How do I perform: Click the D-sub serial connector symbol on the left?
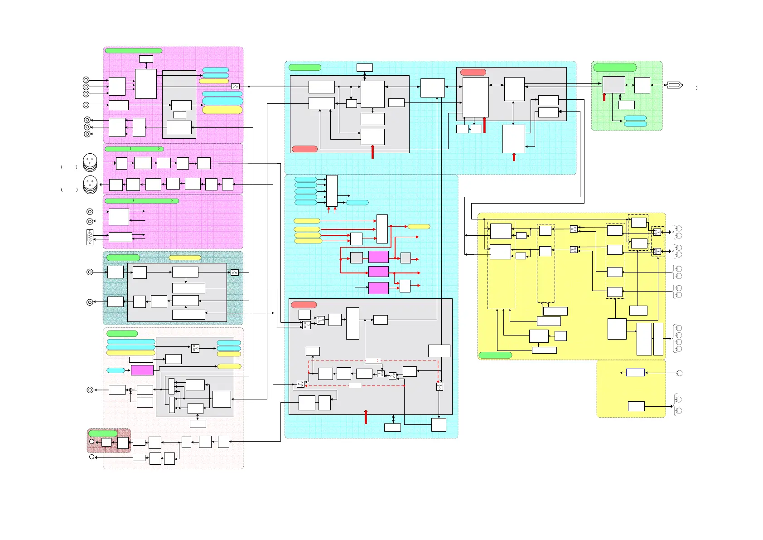click(x=90, y=238)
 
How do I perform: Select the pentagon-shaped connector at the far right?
click(x=675, y=85)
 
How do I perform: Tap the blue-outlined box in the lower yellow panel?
click(x=635, y=372)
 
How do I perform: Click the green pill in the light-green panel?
click(x=615, y=68)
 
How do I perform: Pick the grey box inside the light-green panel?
click(x=613, y=85)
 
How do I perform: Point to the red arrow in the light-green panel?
click(x=604, y=97)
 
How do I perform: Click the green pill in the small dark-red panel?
click(x=102, y=433)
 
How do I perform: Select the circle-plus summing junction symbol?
click(x=130, y=390)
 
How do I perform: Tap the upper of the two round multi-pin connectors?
click(x=90, y=161)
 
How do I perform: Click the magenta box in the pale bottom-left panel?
click(x=142, y=370)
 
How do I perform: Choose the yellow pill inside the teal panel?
click(x=185, y=258)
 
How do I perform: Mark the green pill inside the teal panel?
click(x=123, y=258)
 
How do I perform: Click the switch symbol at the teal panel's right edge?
click(x=235, y=272)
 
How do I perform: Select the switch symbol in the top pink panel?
click(x=235, y=86)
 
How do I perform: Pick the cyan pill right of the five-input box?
click(x=357, y=203)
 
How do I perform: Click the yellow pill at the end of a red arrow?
click(x=419, y=226)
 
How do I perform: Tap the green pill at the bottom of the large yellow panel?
click(x=495, y=355)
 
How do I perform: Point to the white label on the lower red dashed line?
click(x=355, y=385)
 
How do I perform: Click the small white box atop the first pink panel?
click(x=146, y=59)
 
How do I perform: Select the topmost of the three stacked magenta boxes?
click(x=378, y=257)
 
